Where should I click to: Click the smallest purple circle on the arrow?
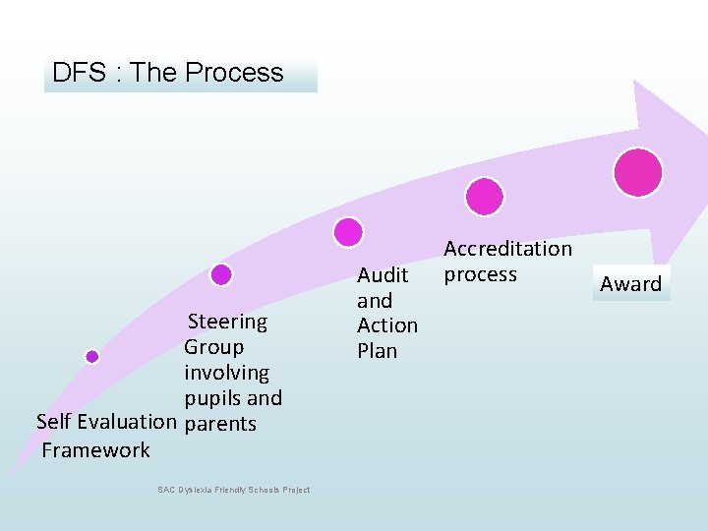tap(92, 357)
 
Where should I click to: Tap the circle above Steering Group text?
tap(221, 274)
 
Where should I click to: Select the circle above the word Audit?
tap(348, 232)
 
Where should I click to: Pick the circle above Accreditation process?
tap(484, 197)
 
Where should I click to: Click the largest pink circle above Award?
tap(637, 172)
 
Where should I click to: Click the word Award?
tap(630, 284)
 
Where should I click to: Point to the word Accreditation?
tap(507, 250)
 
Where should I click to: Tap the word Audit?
tap(382, 275)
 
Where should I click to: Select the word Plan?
tap(377, 350)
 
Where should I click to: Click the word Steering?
tap(227, 322)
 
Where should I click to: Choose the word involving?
tap(226, 373)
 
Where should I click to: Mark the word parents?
tap(220, 424)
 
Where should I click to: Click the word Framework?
tap(96, 450)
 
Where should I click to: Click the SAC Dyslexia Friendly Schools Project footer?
tap(233, 490)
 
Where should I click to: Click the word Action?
tap(386, 325)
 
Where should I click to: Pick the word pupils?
tap(211, 398)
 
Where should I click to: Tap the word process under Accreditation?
tap(480, 274)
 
